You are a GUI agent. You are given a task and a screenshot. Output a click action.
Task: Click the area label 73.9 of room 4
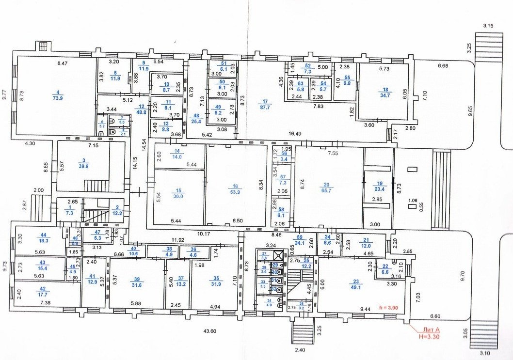click(58, 97)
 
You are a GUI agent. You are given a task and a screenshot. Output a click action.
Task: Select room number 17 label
click(265, 102)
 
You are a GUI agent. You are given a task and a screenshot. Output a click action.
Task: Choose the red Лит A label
click(426, 329)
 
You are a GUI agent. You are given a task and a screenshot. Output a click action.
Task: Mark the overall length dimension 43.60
click(209, 331)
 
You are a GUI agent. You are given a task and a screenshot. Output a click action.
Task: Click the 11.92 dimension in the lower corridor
click(177, 240)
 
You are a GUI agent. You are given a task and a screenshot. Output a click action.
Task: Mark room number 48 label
click(196, 116)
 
